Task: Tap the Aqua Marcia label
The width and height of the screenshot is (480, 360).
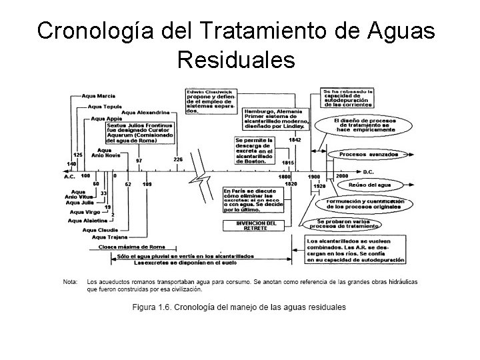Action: [x=98, y=95]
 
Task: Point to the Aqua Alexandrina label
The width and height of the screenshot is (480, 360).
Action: [x=145, y=112]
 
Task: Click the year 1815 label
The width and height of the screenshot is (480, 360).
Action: [x=288, y=163]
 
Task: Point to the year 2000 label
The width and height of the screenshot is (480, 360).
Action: [x=342, y=176]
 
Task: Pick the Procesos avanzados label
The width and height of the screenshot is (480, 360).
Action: [x=369, y=155]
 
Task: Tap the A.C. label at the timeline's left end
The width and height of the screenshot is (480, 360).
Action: [x=69, y=177]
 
